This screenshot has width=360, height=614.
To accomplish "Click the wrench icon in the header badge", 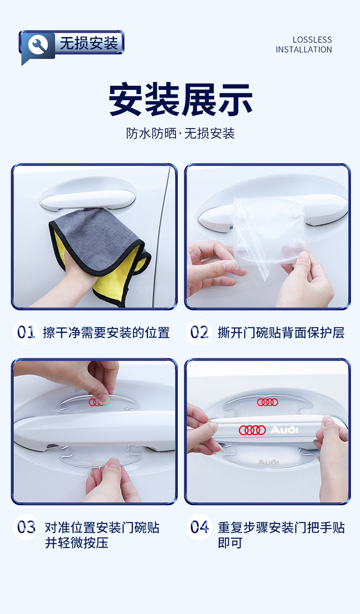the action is pos(38,45).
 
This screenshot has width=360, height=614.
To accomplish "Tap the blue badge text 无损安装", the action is pos(89,43).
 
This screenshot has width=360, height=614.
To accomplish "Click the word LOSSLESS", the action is pos(312,40).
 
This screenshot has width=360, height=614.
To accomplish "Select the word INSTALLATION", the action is pos(304,49).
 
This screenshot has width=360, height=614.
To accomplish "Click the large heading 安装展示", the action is pos(180,99).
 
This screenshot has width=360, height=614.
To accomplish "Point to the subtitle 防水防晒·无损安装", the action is pos(180,133).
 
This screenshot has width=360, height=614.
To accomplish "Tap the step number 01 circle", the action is pos(26,332).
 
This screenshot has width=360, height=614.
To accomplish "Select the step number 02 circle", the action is pos(199,332).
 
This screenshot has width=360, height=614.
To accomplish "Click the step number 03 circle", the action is pos(26,527).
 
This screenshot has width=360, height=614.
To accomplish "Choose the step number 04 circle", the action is pos(199,527).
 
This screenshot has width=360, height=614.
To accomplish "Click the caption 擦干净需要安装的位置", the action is pos(107,332).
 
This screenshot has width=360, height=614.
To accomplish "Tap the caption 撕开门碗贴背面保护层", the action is pos(281,332).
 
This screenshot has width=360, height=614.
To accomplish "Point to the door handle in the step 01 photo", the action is pos(87,200).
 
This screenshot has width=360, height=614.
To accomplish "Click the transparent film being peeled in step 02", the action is pos(269,233).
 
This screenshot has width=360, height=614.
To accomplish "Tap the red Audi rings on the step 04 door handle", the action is pos(252,430).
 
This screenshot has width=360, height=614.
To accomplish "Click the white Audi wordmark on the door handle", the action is pos(284,429).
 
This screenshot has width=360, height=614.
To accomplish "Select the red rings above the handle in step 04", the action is pos(267,402).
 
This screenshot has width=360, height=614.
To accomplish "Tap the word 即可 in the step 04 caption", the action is pos(230,543).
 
